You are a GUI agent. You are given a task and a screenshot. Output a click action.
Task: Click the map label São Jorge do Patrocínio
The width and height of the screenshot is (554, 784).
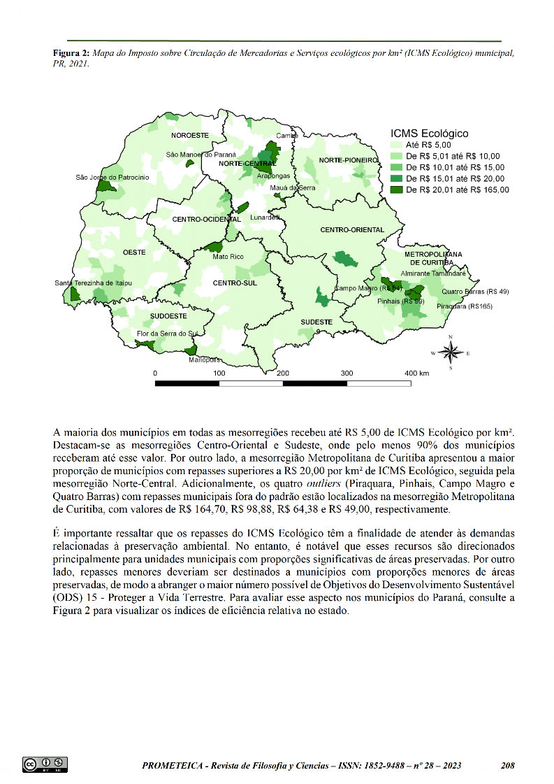tap(112, 178)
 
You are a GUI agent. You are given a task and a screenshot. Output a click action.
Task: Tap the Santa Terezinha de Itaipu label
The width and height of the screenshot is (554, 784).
tap(94, 283)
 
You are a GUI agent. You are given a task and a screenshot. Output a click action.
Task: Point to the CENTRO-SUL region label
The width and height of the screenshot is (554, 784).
tap(235, 283)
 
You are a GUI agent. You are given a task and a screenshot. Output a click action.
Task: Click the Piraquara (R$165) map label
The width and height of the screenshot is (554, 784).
tap(465, 306)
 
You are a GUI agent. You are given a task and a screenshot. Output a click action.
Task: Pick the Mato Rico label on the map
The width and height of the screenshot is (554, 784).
tap(228, 257)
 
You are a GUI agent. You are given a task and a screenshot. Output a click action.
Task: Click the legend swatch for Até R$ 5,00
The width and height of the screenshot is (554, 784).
tap(396, 143)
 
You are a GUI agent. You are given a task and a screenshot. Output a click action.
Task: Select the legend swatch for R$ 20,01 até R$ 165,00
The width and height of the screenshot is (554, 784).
tap(396, 189)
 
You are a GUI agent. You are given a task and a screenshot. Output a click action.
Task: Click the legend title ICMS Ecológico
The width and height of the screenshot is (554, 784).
tap(428, 132)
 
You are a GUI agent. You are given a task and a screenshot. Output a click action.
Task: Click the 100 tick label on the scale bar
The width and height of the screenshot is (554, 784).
tap(219, 373)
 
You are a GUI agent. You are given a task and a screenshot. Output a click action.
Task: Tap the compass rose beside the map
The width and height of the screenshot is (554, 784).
tap(451, 353)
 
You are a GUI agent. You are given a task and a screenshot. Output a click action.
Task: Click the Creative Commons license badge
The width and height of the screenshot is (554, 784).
tap(45, 764)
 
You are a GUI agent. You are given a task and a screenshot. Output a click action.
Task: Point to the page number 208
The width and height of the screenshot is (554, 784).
tap(508, 766)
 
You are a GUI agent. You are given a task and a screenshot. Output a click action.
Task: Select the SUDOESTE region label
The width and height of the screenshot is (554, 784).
tap(168, 316)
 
